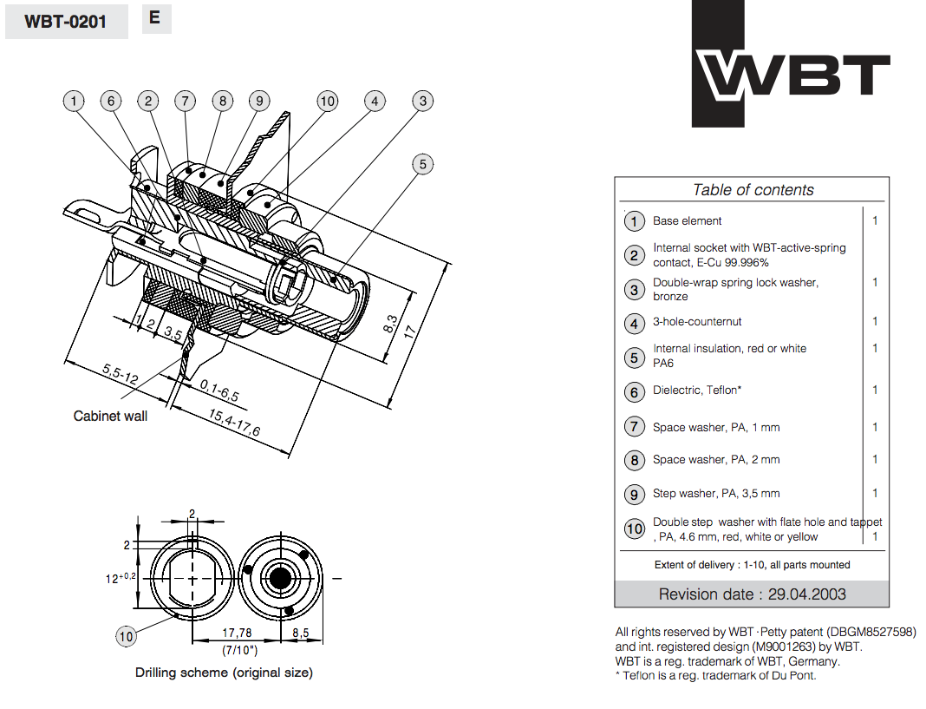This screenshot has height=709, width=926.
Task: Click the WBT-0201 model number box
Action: click(x=66, y=22)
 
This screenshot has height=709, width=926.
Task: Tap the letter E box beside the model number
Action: click(x=155, y=18)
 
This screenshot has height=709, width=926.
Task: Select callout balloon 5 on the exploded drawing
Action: click(x=422, y=164)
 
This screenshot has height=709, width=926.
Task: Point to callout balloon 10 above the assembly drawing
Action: click(x=327, y=102)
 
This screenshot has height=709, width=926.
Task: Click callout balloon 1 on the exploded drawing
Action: click(x=75, y=102)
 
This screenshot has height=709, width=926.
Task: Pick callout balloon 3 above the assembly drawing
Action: click(x=422, y=102)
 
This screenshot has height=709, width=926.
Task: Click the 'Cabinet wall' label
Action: click(x=110, y=416)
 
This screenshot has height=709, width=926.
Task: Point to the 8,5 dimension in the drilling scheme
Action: click(x=300, y=634)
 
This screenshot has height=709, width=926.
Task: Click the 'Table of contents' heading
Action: click(x=753, y=190)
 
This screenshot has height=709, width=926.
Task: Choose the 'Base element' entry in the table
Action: click(x=687, y=221)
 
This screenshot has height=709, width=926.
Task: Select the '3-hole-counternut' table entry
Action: click(x=697, y=322)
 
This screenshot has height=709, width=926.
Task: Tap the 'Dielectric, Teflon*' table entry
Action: click(x=697, y=391)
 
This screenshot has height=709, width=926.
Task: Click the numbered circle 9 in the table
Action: click(x=635, y=494)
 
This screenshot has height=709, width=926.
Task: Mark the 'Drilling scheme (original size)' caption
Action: click(x=224, y=673)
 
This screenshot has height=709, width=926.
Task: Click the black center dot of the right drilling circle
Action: click(x=279, y=578)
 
